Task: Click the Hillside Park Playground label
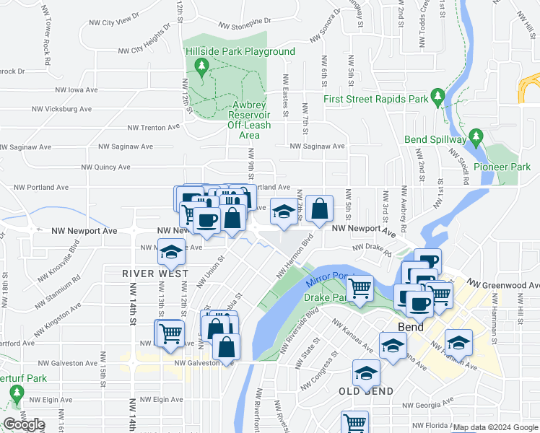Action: (240, 52)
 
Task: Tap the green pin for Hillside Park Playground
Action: (203, 69)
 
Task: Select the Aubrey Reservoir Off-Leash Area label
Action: (249, 115)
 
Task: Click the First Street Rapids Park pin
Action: (437, 96)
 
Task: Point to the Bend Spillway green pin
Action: (475, 136)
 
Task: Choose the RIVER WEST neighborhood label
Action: (155, 274)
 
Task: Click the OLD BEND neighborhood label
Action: (366, 391)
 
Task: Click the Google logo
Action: (24, 424)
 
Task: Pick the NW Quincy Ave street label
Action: (105, 167)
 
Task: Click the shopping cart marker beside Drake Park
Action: (360, 288)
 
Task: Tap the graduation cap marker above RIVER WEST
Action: (171, 252)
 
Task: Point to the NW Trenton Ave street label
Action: (153, 127)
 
